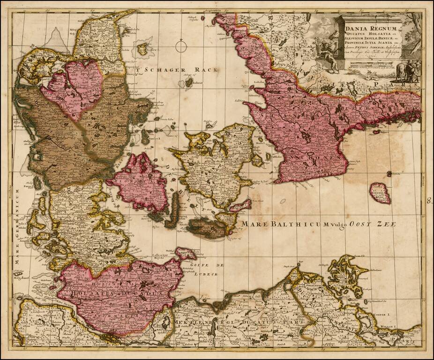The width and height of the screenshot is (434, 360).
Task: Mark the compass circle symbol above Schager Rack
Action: [x=181, y=47]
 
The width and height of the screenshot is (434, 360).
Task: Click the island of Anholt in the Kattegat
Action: [x=188, y=82]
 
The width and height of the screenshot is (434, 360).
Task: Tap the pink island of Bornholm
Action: [x=379, y=193]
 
